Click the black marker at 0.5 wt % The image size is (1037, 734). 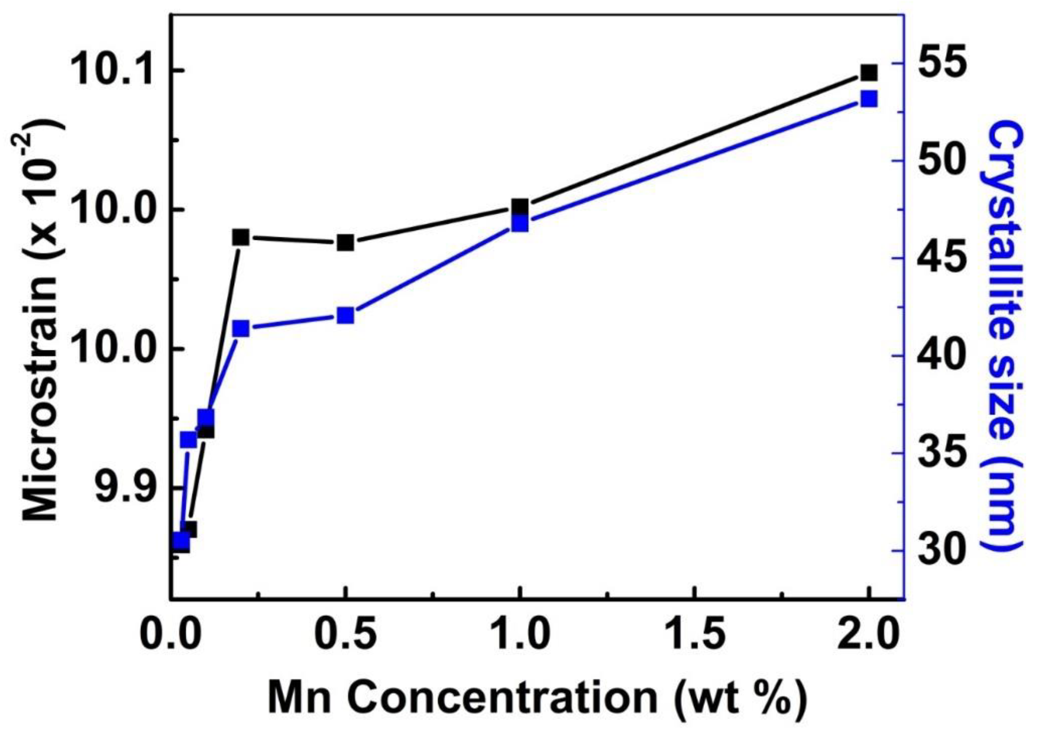[346, 243]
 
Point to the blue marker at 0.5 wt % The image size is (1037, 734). [346, 315]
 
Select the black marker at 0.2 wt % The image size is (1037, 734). [241, 237]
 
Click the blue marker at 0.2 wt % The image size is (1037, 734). [241, 329]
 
